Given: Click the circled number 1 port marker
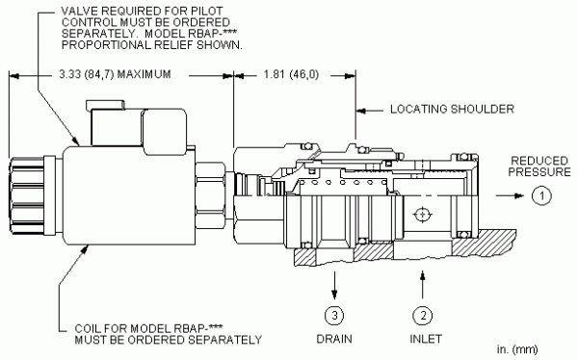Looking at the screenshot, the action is click(541, 195).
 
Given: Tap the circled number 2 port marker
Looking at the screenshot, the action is click(423, 316).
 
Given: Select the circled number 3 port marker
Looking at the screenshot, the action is click(334, 316).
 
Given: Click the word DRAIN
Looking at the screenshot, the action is click(334, 339).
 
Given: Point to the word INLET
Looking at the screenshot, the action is click(426, 339).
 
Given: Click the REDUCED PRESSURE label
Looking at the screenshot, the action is click(539, 167).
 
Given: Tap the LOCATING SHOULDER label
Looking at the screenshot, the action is click(453, 109).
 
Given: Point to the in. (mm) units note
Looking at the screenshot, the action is click(517, 349).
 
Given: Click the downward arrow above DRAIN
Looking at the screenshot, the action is click(334, 285).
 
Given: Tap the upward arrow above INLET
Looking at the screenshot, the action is click(423, 285).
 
